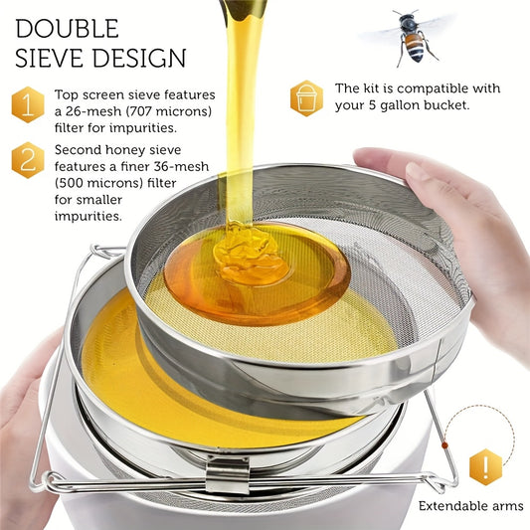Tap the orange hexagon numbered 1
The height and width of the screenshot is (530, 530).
[x=28, y=104]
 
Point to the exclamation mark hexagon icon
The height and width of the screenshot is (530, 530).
[x=485, y=466]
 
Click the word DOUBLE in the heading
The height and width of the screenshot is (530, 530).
[x=67, y=29]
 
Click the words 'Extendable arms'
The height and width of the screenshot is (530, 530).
[x=470, y=506]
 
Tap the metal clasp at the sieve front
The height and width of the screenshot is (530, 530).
[x=228, y=474]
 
